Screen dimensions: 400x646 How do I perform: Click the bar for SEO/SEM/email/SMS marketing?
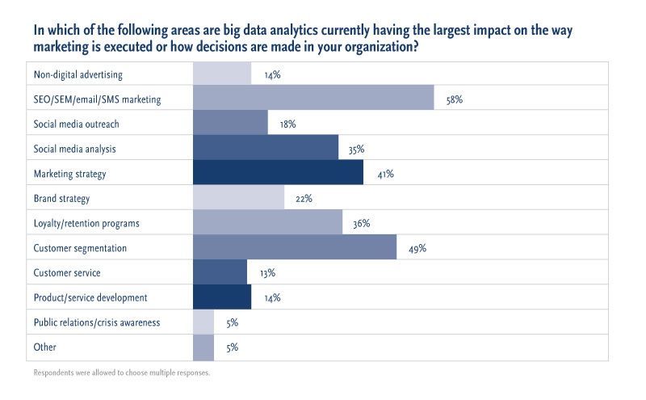pos(313,99)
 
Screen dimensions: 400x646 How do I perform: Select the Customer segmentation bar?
pos(295,247)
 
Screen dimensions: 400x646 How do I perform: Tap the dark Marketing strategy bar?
pos(278,174)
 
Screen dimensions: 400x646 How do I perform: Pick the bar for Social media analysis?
pos(266,149)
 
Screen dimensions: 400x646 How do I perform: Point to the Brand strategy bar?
pos(239,198)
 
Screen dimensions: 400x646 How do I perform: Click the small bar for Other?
pos(203,347)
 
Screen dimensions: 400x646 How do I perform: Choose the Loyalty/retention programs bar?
pos(268,223)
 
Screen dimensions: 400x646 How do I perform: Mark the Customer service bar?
pos(220,272)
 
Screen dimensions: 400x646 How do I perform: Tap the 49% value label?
pos(417,248)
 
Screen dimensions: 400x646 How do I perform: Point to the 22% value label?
pos(304,199)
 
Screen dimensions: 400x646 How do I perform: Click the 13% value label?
pos(267,273)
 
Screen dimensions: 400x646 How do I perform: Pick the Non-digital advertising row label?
pos(78,75)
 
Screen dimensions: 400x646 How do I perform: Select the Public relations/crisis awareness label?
pos(97,322)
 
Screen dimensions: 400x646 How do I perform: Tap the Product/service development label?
pos(90,297)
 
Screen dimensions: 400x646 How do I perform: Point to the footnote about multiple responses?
pos(121,373)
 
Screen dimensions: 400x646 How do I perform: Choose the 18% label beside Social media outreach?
pos(287,124)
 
